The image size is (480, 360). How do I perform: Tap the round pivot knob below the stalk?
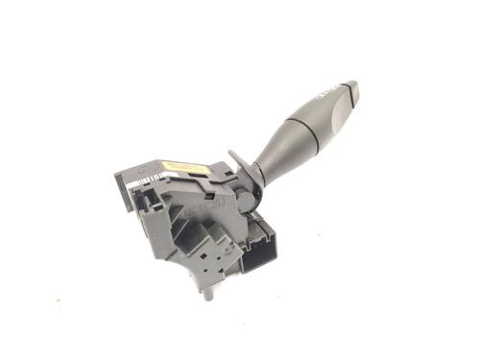(x=248, y=196)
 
